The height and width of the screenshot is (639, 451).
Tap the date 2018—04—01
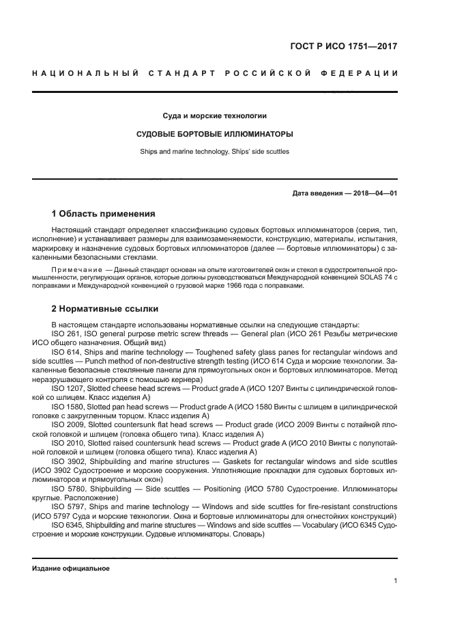[375, 193]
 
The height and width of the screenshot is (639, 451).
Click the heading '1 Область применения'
[104, 213]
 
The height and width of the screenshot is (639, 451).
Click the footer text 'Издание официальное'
[71, 568]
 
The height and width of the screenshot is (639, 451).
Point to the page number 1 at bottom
[395, 581]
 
